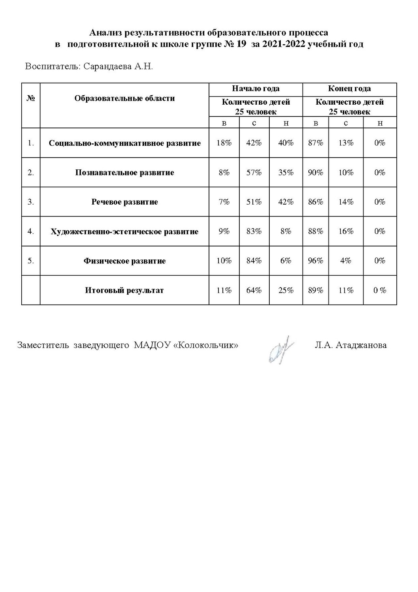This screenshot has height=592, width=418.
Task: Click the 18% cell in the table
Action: (x=224, y=143)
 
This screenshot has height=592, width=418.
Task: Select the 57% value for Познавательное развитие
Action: (x=254, y=173)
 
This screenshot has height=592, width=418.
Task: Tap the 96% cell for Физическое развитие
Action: (x=315, y=261)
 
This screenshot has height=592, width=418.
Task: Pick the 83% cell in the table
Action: (x=254, y=231)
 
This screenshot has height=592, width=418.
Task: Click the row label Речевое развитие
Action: (x=125, y=202)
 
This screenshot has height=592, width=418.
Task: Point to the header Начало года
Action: (x=256, y=89)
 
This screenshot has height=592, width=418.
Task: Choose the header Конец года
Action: (x=349, y=89)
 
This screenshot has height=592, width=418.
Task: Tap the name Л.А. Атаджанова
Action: (x=351, y=345)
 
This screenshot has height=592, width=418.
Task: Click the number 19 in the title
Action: (x=241, y=44)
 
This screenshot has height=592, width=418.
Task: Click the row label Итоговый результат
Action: (x=124, y=290)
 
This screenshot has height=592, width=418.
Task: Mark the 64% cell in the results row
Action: (x=254, y=290)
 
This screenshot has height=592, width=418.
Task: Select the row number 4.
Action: (x=31, y=231)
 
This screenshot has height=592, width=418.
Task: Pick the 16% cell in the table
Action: (x=345, y=231)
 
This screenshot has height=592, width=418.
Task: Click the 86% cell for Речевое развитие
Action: (x=315, y=202)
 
